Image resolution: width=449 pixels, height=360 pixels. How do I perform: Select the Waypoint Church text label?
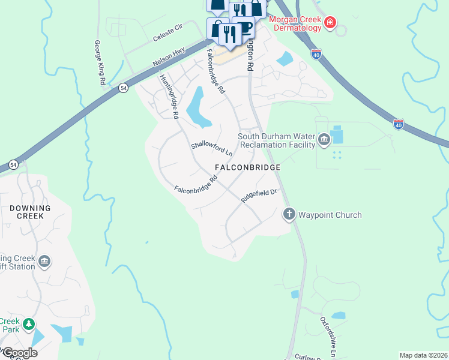330,215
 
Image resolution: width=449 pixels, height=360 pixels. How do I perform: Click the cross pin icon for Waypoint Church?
289,214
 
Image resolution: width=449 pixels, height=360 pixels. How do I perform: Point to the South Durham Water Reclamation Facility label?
276,140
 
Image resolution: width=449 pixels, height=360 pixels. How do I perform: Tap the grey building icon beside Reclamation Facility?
324,140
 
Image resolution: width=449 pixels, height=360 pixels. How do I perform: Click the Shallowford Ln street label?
211,149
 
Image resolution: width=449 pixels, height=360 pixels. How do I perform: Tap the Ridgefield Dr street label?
259,196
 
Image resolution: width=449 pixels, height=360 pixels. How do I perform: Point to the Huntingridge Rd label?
169,96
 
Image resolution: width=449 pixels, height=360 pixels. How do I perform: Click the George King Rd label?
100,62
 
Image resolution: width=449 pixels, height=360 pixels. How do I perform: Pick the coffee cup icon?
246,28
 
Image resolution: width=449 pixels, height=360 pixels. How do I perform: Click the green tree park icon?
28,325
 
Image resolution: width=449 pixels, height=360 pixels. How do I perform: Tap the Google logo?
19,353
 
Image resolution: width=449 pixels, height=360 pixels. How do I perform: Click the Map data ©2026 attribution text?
423,355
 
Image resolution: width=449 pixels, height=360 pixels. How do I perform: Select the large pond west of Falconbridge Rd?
198,108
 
